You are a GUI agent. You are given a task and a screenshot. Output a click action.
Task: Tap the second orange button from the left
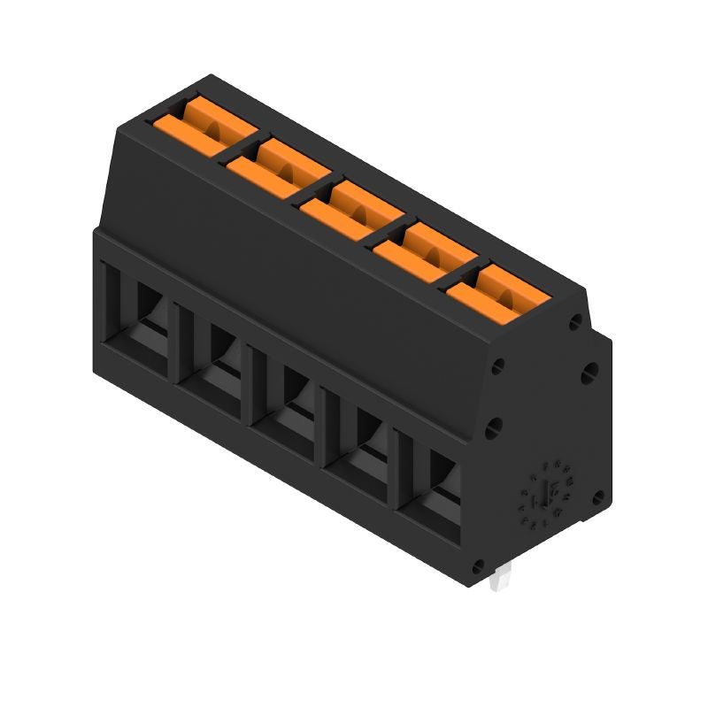point(277,165)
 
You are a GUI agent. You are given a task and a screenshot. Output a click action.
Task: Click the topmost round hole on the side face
point(577,322)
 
